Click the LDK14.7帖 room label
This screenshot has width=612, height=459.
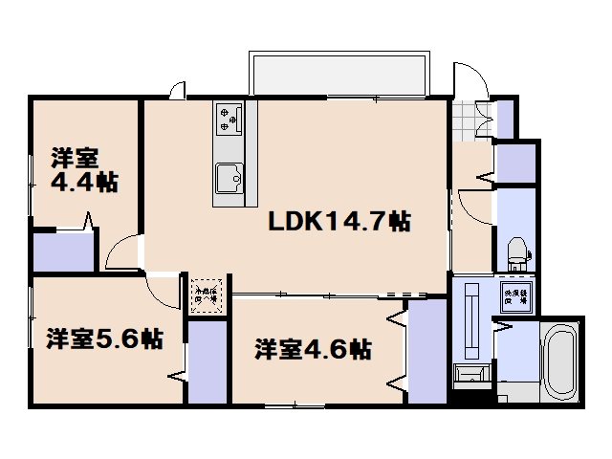[x=339, y=222]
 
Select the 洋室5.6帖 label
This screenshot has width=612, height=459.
[x=103, y=338]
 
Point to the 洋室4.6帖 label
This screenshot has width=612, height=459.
[x=313, y=349]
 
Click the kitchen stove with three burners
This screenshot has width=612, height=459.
[x=229, y=119]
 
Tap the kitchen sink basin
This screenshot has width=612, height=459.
[x=229, y=178]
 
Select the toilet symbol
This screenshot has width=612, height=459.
[x=516, y=251]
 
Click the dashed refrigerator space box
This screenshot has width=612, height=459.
[x=206, y=290]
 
